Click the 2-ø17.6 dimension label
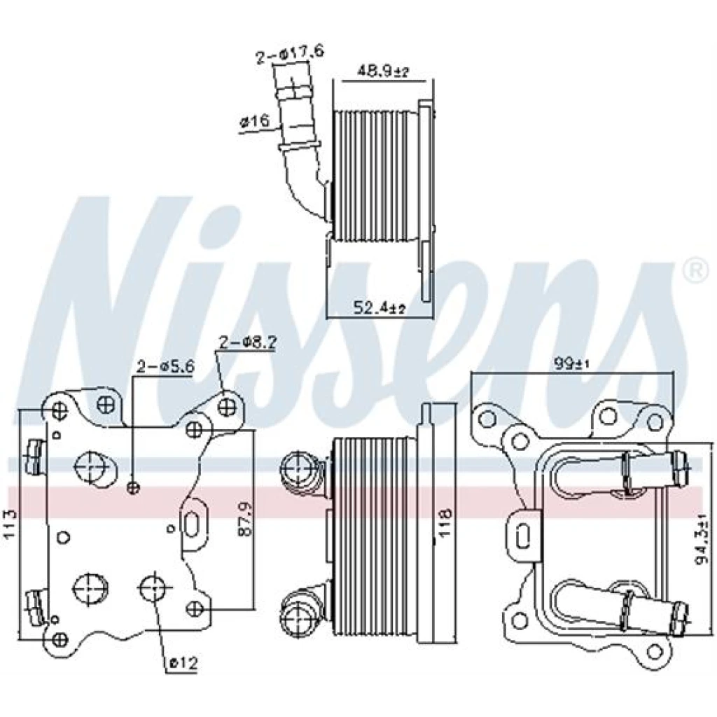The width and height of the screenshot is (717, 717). (x=289, y=56)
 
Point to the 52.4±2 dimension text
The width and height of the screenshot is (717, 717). (x=379, y=308)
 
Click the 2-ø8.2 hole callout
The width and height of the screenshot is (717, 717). (x=247, y=343)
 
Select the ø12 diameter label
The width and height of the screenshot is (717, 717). (x=183, y=662)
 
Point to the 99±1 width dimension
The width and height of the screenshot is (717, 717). (x=573, y=364)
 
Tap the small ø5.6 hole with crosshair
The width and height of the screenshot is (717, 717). (x=133, y=488)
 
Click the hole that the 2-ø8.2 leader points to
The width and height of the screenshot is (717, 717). (x=228, y=407)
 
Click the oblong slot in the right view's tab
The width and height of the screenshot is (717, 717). (x=522, y=536)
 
